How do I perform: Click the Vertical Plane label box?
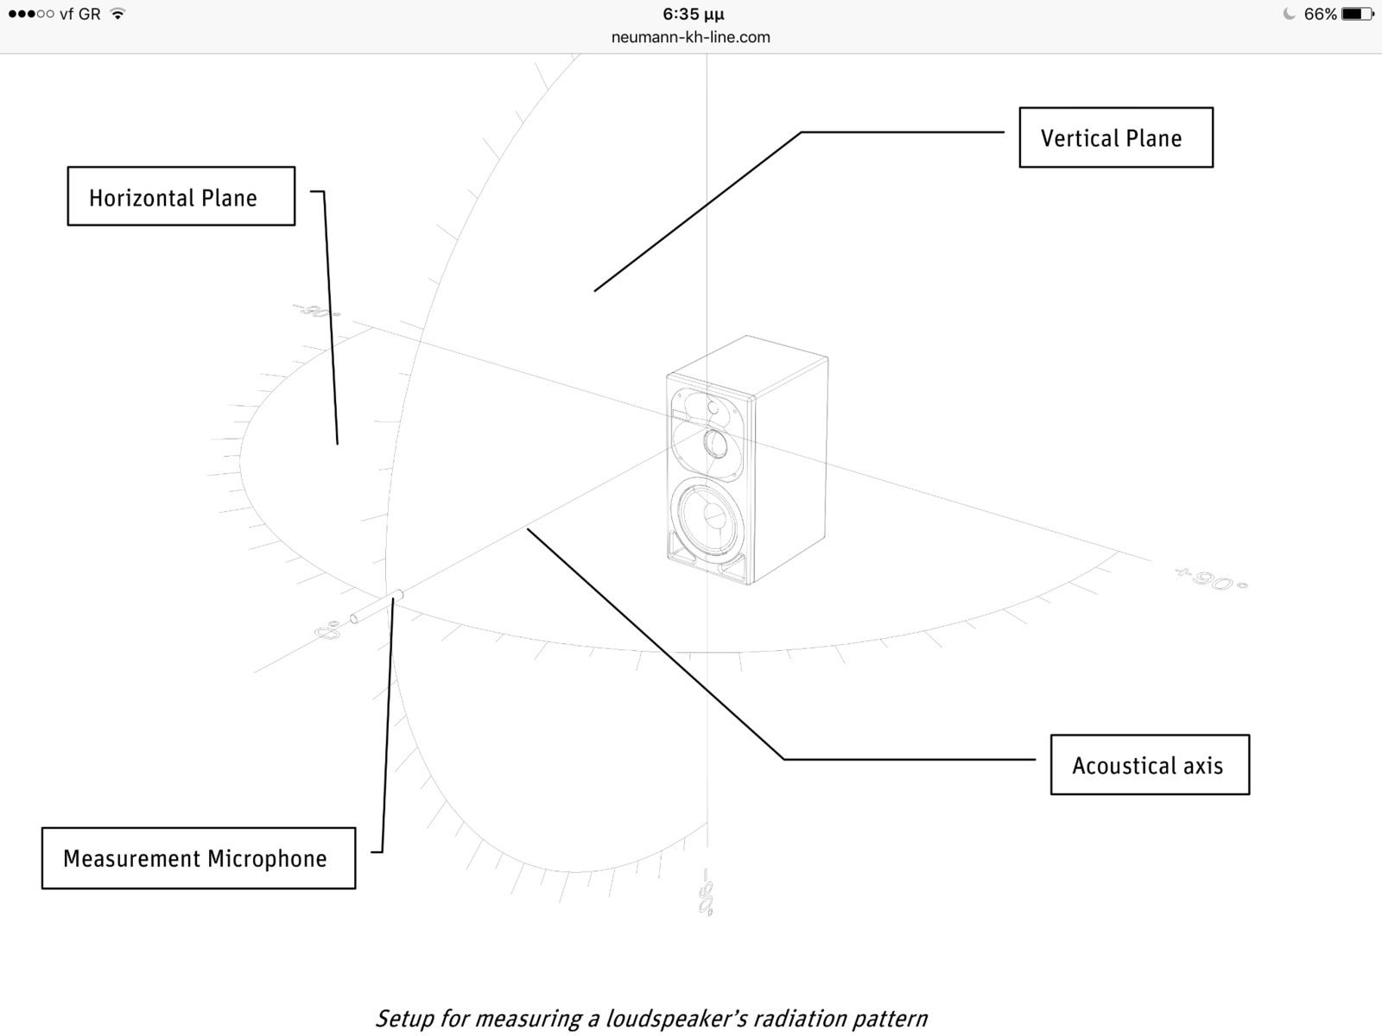pyautogui.click(x=1115, y=137)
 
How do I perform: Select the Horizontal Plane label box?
pyautogui.click(x=181, y=196)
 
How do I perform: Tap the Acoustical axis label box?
pyautogui.click(x=1149, y=765)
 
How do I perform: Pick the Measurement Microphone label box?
pyautogui.click(x=198, y=858)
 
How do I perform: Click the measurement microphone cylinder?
pyautogui.click(x=377, y=606)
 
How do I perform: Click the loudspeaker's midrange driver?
pyautogui.click(x=715, y=445)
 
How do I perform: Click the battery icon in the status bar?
pyautogui.click(x=1357, y=14)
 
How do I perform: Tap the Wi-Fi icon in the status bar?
pyautogui.click(x=118, y=14)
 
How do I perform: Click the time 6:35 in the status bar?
pyautogui.click(x=693, y=14)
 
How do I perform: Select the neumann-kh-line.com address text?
pyautogui.click(x=690, y=37)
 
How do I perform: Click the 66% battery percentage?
pyautogui.click(x=1320, y=14)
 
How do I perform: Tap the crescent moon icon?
pyautogui.click(x=1289, y=14)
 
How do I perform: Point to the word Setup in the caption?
pyautogui.click(x=405, y=1019)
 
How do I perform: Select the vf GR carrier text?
pyautogui.click(x=79, y=14)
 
